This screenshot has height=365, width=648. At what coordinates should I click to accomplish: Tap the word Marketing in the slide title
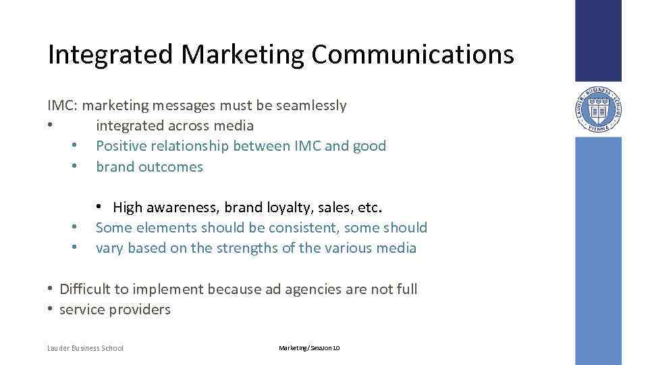229,55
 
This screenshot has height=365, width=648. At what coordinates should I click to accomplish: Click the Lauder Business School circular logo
598,109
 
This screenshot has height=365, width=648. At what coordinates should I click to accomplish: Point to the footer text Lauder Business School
86,348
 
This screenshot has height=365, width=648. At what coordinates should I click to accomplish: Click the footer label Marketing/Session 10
309,348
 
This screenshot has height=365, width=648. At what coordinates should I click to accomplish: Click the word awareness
179,207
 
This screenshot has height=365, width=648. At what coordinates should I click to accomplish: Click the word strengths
246,248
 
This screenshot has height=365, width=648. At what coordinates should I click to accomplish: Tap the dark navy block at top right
598,41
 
